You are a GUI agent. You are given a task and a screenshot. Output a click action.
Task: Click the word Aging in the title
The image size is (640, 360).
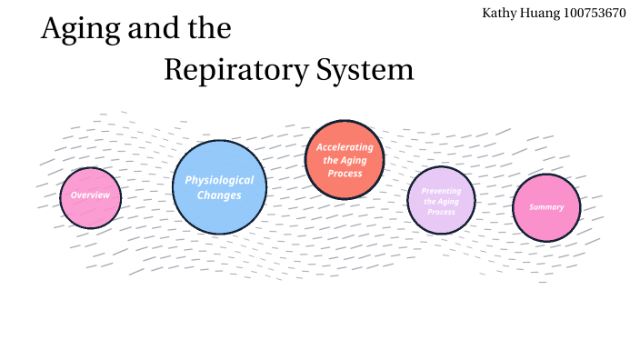[x=77, y=29]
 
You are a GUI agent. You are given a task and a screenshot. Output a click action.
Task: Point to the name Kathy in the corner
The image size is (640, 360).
[x=502, y=13]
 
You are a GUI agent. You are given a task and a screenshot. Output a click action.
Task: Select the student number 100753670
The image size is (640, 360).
[x=597, y=13]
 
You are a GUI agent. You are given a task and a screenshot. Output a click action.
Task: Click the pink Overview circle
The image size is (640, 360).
[x=90, y=196]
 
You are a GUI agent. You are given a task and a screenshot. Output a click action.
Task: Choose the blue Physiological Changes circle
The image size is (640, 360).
[x=219, y=186]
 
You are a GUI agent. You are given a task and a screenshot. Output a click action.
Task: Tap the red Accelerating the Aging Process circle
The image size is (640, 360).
[x=345, y=159]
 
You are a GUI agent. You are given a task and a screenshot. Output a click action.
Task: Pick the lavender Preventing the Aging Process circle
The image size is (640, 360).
[x=441, y=201]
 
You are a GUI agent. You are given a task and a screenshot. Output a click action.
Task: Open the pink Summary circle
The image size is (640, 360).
[x=546, y=207]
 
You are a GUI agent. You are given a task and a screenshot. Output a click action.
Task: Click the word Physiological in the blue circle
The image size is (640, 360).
[x=219, y=180]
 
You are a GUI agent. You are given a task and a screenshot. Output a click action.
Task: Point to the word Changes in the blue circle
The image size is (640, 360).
[x=219, y=195]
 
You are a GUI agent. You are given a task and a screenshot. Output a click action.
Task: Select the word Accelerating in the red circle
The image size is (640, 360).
[x=345, y=147]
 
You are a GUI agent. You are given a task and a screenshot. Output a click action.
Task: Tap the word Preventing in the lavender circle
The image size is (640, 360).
[x=441, y=191]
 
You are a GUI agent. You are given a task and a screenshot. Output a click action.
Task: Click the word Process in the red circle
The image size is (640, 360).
[x=345, y=173]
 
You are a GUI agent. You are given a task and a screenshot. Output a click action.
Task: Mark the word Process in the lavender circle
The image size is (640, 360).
[x=441, y=212]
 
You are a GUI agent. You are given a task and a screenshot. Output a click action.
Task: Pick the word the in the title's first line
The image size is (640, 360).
[x=207, y=29]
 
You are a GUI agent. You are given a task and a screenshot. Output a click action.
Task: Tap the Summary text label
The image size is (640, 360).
[x=546, y=207]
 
